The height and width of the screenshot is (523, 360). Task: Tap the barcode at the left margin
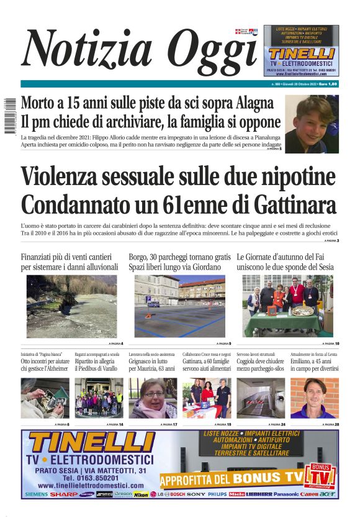pyautogui.click(x=9, y=116)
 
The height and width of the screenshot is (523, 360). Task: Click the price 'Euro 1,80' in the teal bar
pyautogui.click(x=328, y=84)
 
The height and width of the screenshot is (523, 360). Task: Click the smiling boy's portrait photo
pyautogui.click(x=312, y=124)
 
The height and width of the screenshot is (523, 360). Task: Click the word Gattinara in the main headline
pyautogui.click(x=294, y=204)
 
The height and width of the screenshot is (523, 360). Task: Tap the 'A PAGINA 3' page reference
pyautogui.click(x=330, y=240)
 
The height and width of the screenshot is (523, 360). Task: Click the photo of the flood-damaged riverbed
pyautogui.click(x=71, y=306)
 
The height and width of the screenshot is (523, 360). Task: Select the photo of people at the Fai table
pyautogui.click(x=287, y=306)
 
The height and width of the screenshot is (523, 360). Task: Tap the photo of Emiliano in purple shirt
pyautogui.click(x=314, y=398)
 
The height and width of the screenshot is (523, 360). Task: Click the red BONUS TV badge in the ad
pyautogui.click(x=322, y=476)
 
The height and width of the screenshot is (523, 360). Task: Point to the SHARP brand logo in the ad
pyautogui.click(x=64, y=494)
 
